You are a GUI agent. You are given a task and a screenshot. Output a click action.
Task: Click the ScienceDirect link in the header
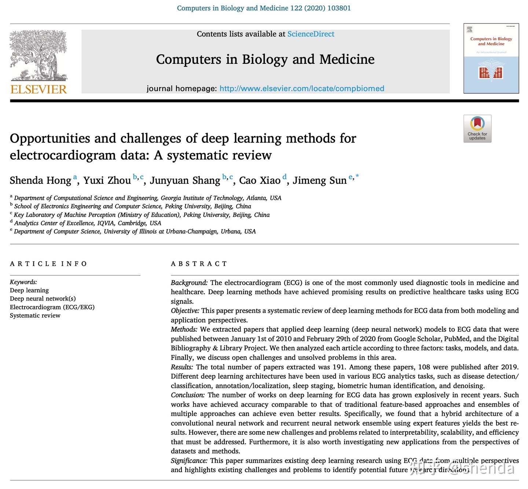tap(311, 34)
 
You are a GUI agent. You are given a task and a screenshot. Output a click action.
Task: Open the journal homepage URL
tap(301, 88)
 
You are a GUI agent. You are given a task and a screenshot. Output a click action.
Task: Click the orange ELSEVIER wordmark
tap(38, 89)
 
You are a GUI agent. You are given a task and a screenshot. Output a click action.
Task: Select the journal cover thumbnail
tap(491, 58)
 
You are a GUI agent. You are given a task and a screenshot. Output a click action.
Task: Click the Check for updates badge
tap(477, 128)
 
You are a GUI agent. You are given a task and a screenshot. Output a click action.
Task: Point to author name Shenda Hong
tap(40, 180)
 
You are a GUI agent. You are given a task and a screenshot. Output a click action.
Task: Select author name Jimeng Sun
tap(319, 180)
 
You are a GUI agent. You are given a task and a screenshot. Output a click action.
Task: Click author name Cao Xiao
tap(260, 180)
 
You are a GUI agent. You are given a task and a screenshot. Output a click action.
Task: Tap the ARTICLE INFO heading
tap(48, 264)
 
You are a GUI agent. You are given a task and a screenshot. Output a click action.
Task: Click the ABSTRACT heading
tap(199, 264)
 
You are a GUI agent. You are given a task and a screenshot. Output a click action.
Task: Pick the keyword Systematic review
tap(35, 315)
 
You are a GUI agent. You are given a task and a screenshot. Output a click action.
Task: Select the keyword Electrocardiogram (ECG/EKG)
tap(52, 307)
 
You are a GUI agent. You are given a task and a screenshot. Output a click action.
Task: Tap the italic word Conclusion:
tap(188, 395)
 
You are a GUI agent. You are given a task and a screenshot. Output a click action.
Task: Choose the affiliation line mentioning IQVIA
tap(87, 223)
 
